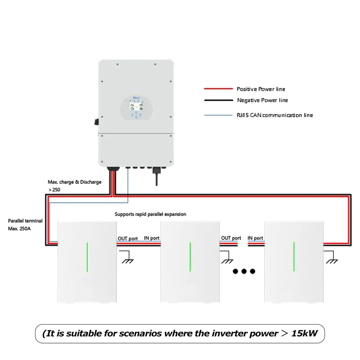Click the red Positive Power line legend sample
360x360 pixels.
[218, 89]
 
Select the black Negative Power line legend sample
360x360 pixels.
[218, 100]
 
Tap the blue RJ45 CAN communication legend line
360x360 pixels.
[218, 115]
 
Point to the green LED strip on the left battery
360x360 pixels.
[87, 257]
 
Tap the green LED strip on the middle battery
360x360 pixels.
[190, 257]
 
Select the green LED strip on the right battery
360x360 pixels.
[294, 257]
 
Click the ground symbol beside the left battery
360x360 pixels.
[128, 259]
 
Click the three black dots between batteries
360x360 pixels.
[244, 271]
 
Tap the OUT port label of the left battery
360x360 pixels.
[127, 238]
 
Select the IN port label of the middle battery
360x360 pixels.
[151, 238]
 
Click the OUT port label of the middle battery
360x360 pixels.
[231, 238]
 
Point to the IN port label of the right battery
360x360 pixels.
[255, 238]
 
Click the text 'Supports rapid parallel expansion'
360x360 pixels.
[150, 214]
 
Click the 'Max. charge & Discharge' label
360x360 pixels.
[75, 182]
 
